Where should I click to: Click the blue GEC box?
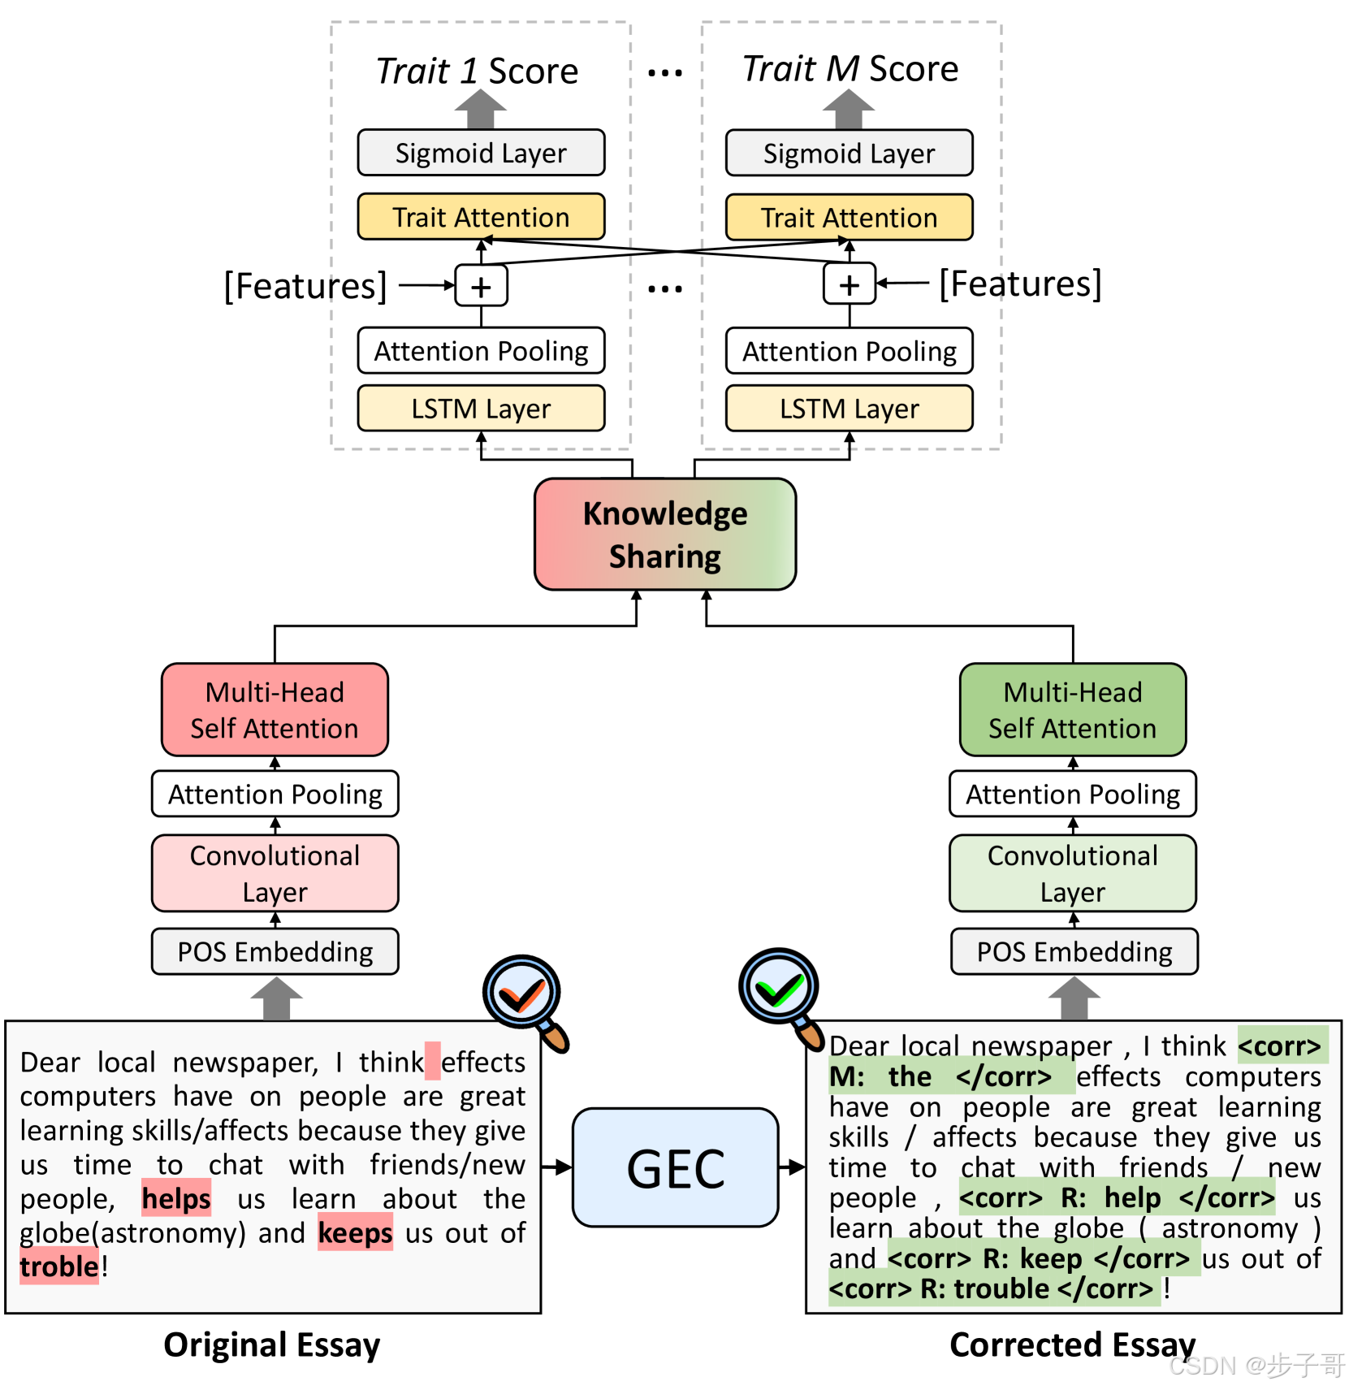point(675,1167)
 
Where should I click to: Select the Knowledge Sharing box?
point(664,534)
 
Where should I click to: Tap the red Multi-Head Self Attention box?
point(275,709)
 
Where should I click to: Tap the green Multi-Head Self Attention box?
point(1072,709)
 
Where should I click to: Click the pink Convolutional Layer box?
point(275,873)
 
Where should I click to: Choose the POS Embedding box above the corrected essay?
point(1074,951)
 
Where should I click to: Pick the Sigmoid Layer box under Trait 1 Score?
point(481,153)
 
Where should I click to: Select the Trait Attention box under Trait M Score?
point(849,218)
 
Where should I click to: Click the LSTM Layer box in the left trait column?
point(481,408)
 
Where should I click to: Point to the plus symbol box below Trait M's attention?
point(849,284)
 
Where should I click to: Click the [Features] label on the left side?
point(305,286)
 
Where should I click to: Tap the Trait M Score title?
point(850,68)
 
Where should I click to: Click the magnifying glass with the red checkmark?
point(524,998)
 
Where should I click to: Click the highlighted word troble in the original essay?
point(58,1267)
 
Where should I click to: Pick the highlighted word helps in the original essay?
point(176,1198)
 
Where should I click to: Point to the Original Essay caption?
point(271,1345)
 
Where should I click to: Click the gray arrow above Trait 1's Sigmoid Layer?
point(480,110)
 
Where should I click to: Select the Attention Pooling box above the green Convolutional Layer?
point(1072,794)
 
